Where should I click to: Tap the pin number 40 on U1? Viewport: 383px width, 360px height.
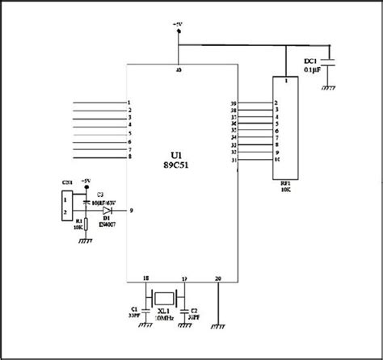[178, 71]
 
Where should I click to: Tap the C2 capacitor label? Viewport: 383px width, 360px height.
[194, 310]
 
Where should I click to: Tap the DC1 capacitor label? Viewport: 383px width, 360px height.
[309, 61]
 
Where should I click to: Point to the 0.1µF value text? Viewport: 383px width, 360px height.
[312, 70]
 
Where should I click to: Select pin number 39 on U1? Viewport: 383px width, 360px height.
[233, 103]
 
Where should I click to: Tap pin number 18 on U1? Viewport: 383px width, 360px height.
[145, 278]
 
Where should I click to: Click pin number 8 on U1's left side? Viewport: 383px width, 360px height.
[130, 157]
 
